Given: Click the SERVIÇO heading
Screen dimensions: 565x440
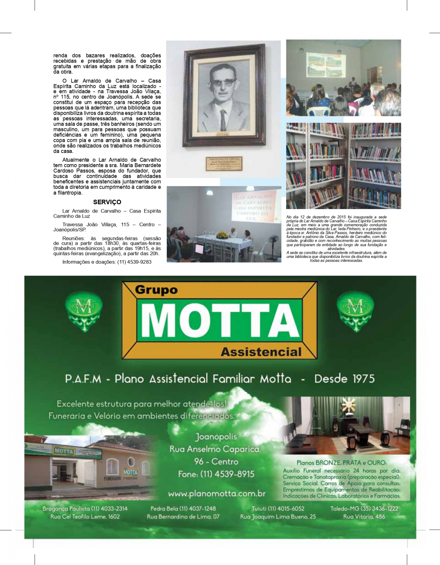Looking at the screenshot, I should (107, 202).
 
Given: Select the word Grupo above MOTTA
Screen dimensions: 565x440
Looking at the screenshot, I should (156, 290).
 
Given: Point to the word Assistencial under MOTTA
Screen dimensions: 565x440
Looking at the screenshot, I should (261, 352).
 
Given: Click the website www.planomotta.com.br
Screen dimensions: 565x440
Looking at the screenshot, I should (217, 494).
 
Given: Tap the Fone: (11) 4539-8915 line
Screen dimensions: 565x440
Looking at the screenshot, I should (216, 474).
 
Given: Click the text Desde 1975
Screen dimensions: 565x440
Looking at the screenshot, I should (344, 379).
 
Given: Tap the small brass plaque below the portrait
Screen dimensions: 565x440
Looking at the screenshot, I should (224, 163).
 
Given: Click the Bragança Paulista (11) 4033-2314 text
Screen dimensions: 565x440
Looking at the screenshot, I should (85, 509).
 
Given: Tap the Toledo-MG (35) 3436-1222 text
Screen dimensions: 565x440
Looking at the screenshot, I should (364, 509).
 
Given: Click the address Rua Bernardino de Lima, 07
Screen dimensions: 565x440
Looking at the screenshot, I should (183, 517).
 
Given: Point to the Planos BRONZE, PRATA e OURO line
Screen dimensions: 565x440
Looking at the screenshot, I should (341, 463).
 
